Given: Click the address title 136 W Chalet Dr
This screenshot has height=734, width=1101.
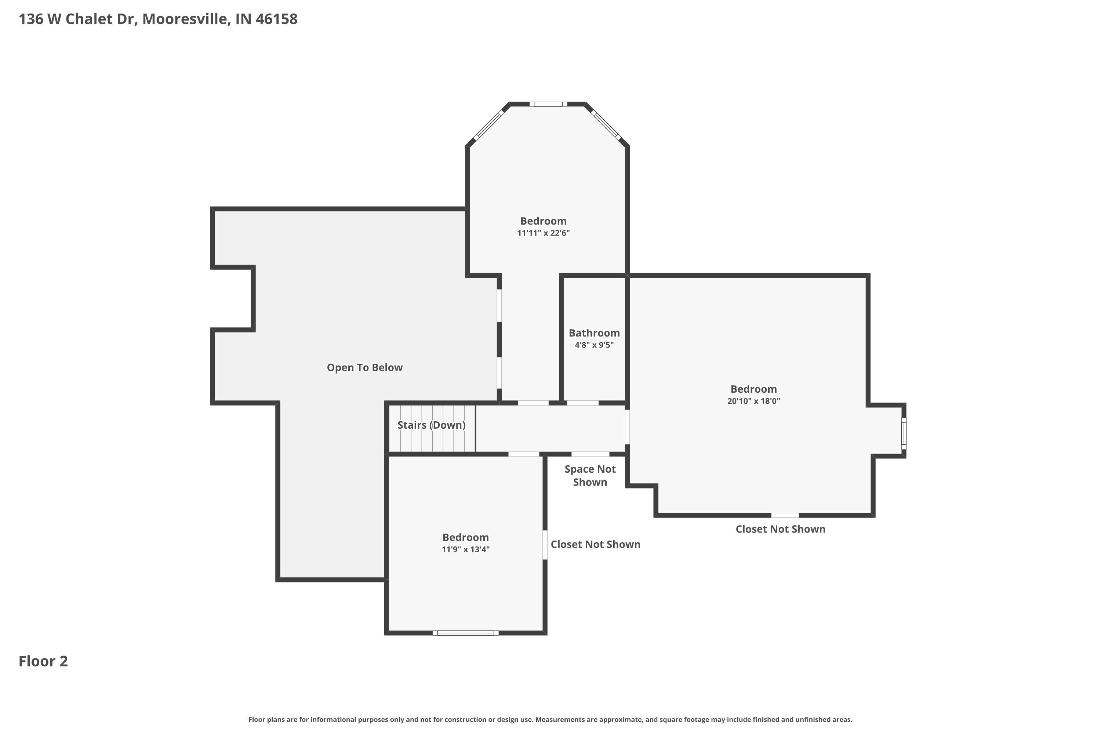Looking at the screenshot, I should click(x=158, y=19).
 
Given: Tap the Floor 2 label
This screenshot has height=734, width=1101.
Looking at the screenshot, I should click(x=43, y=661).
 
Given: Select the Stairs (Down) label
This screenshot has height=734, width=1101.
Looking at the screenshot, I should click(x=431, y=425).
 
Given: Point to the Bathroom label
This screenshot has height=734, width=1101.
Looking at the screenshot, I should click(x=594, y=333).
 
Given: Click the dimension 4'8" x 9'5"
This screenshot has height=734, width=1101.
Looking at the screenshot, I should click(x=594, y=345).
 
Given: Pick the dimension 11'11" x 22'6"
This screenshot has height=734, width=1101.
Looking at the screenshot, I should click(x=543, y=233).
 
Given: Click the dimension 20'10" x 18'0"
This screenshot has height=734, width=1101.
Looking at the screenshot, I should click(x=753, y=401).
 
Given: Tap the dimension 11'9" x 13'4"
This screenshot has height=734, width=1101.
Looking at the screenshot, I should click(x=465, y=549).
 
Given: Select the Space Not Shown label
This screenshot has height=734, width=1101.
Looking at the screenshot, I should click(x=590, y=476).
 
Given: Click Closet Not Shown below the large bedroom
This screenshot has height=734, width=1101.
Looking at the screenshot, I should click(x=780, y=529).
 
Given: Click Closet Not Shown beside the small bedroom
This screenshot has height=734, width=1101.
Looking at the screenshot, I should click(x=595, y=544).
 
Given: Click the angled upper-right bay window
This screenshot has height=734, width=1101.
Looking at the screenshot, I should click(x=606, y=124).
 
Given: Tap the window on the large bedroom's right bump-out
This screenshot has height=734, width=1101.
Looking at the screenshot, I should click(x=904, y=433).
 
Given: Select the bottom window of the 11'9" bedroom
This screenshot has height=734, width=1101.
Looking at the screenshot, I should click(x=465, y=633).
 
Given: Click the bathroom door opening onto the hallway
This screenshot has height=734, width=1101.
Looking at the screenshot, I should click(x=582, y=403).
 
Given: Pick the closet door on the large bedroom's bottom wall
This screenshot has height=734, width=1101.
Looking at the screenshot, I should click(x=785, y=515).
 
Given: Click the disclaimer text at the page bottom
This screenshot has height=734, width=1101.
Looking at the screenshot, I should click(x=550, y=719).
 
